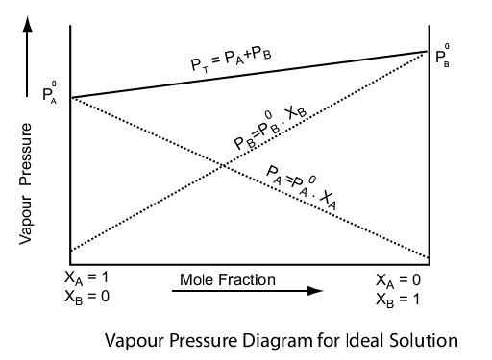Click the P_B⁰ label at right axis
(x=443, y=57)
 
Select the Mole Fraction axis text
(x=227, y=280)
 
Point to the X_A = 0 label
(x=399, y=279)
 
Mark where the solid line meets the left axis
(x=71, y=98)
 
